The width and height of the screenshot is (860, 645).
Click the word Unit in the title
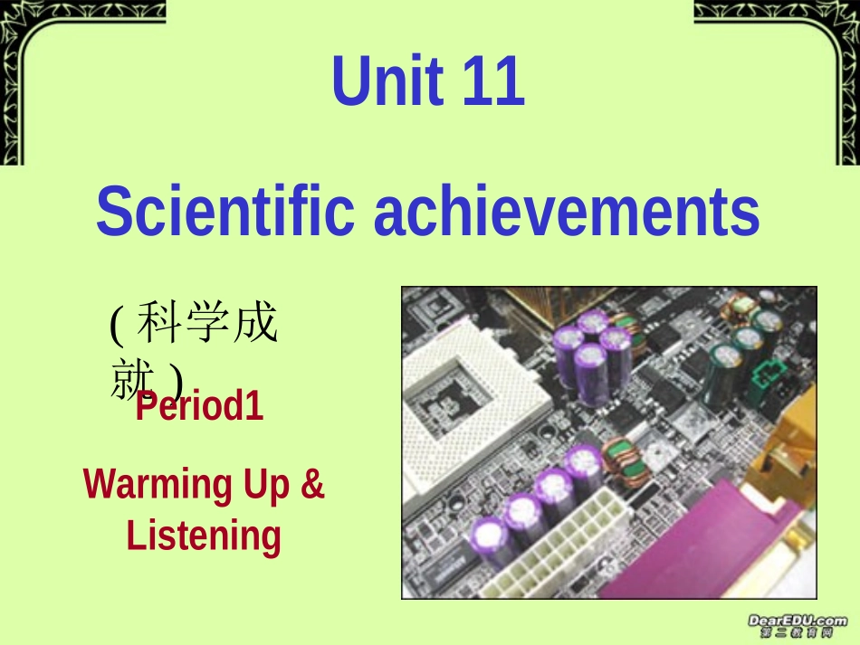click(387, 81)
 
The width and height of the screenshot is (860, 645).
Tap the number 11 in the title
click(493, 81)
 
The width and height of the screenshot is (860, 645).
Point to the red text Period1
click(199, 407)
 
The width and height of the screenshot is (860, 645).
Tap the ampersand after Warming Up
click(311, 485)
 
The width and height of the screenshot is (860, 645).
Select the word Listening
click(204, 536)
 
